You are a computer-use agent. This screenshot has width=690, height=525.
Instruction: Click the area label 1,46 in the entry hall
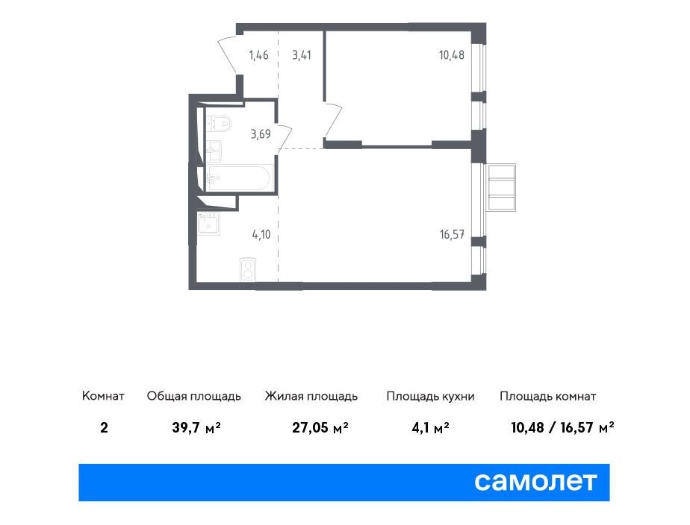[x=258, y=55]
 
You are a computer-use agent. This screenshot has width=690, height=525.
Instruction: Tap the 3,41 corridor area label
[x=302, y=55]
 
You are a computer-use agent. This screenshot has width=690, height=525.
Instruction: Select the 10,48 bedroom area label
[x=452, y=55]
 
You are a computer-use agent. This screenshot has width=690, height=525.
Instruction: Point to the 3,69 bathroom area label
[x=261, y=134]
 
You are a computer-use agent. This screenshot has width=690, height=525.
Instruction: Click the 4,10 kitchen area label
[x=261, y=235]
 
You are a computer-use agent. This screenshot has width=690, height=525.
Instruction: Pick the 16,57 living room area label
[x=452, y=235]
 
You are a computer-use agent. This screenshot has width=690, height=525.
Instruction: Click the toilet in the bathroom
[x=219, y=123]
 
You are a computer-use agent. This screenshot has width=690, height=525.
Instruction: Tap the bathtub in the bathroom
[x=238, y=178]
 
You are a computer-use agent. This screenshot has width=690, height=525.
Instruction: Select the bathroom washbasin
[x=214, y=151]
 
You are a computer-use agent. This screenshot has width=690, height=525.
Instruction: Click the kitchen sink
[x=208, y=224]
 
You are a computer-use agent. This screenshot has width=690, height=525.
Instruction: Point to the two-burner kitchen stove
[x=248, y=269]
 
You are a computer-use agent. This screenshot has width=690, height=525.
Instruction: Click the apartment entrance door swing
[x=229, y=56]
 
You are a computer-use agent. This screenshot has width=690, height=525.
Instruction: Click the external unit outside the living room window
[x=501, y=187]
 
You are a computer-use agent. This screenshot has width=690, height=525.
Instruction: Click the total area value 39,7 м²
[x=196, y=427]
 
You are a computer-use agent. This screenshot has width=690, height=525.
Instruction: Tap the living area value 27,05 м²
[x=320, y=427]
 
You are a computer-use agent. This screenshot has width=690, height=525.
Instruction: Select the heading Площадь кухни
[x=430, y=396]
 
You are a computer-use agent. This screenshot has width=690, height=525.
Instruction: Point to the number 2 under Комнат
[x=104, y=427]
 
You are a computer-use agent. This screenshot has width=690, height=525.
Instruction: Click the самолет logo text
[x=535, y=482]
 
